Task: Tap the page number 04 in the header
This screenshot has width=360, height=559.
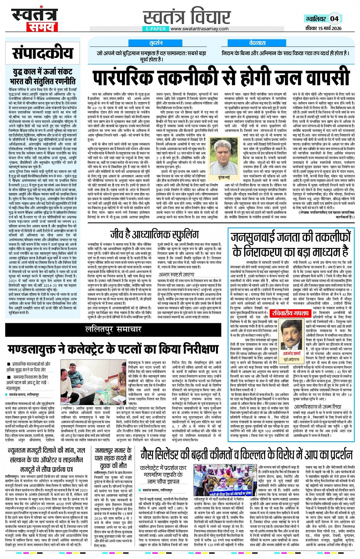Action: point(334,18)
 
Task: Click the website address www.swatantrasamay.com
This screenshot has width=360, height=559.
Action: point(200,29)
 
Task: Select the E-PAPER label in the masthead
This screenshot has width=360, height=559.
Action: point(156,29)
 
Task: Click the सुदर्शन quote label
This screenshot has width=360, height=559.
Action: point(156,43)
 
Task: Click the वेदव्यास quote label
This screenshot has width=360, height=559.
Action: point(257,43)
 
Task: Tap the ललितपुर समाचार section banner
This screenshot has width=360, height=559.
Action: point(113,329)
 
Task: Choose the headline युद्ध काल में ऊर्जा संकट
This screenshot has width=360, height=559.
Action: point(42,77)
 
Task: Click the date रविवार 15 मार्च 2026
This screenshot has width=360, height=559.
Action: point(324,28)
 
